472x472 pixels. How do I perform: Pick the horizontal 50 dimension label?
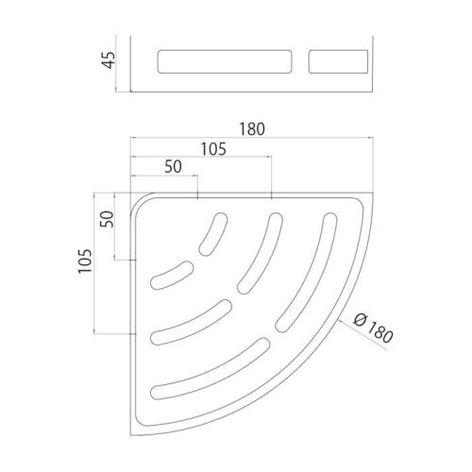pos(173,167)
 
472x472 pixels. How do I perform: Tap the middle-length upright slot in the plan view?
pos(261,252)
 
